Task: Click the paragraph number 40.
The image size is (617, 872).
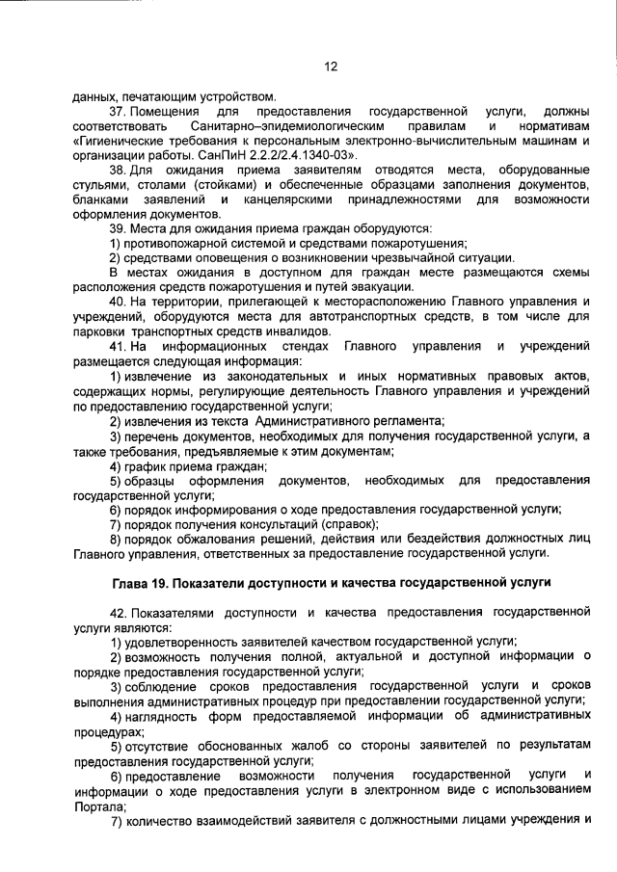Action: [x=118, y=302]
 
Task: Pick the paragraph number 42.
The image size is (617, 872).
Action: [x=118, y=613]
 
